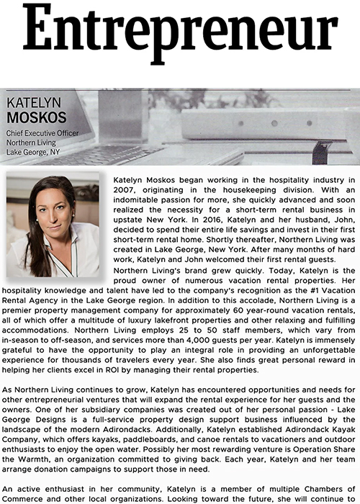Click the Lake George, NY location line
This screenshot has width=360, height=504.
(35, 153)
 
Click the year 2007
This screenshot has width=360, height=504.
(127, 188)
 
